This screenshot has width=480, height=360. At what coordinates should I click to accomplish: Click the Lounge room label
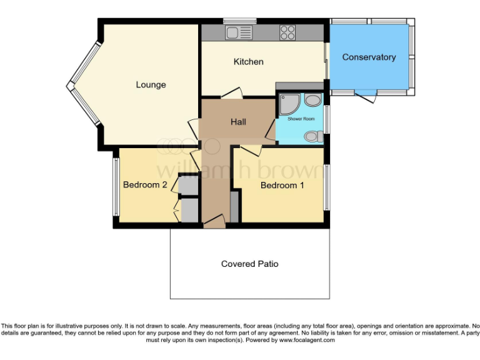click(x=151, y=84)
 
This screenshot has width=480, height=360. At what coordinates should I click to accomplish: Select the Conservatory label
click(x=369, y=57)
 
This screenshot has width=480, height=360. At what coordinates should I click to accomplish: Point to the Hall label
click(x=238, y=122)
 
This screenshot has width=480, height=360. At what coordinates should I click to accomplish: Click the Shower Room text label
click(x=300, y=119)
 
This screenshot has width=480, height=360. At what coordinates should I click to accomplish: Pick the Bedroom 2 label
click(x=144, y=185)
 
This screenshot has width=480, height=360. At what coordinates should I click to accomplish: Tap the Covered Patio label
click(x=249, y=264)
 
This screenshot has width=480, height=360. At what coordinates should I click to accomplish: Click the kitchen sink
click(x=239, y=32)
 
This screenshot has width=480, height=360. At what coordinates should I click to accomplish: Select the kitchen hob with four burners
click(x=287, y=32)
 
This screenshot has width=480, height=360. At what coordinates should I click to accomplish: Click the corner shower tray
click(x=289, y=104)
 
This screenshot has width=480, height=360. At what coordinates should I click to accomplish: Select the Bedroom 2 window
click(x=115, y=185)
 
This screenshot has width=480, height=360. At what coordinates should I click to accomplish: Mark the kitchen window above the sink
click(x=239, y=21)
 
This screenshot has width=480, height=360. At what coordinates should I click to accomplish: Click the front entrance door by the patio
click(x=214, y=220)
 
